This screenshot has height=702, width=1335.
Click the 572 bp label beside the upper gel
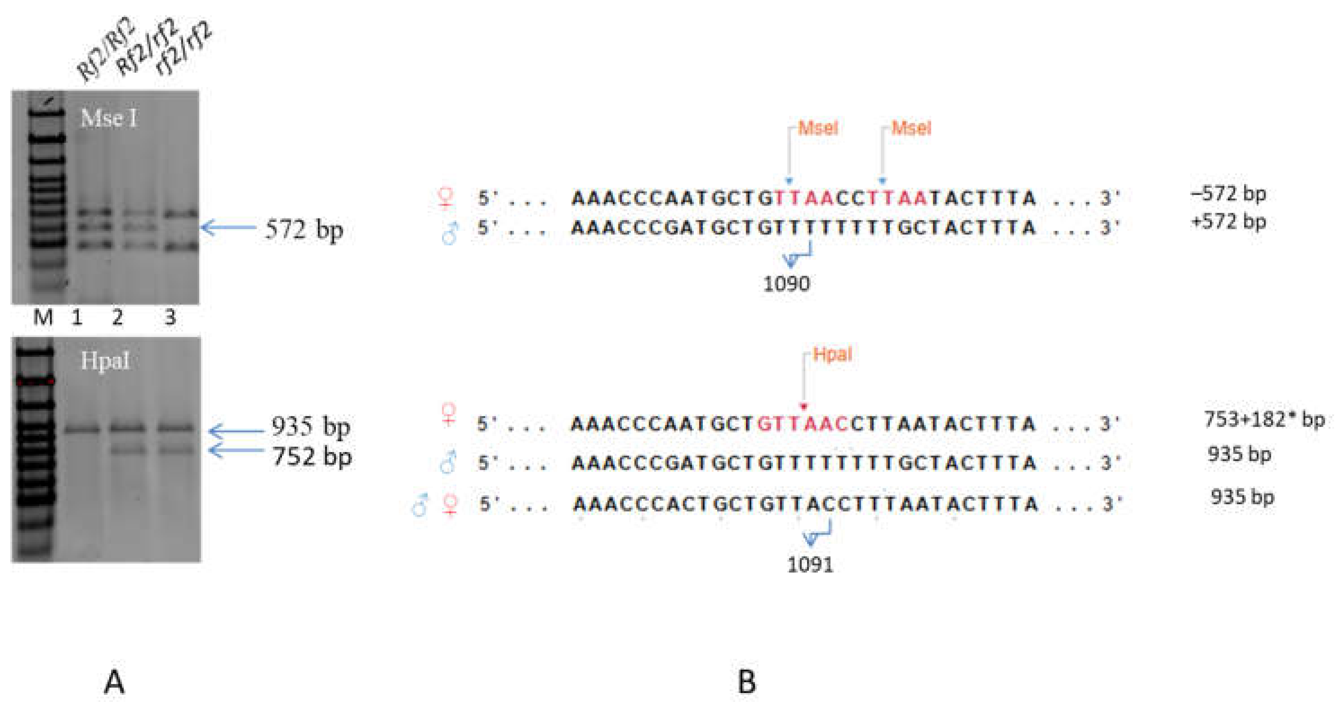coord(304,230)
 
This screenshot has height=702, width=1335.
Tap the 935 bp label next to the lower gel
coord(311,427)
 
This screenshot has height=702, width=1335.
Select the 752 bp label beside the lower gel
coord(312,457)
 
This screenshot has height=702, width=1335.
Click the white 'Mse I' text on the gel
coord(109,119)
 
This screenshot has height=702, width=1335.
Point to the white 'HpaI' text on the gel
coord(105,361)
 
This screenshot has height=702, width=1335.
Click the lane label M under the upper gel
coord(43,317)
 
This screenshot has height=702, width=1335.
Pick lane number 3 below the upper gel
coord(170,317)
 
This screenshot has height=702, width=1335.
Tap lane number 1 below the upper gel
coord(77,317)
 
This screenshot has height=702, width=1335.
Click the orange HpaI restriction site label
coord(832,354)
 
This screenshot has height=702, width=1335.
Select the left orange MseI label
coord(818,128)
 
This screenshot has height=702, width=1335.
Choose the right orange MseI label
coord(911,128)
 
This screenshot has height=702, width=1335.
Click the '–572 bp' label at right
coord(1229,194)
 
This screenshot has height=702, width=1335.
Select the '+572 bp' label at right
coord(1229,222)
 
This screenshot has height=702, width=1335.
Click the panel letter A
coord(114,682)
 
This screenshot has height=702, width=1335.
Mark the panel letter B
coord(746,682)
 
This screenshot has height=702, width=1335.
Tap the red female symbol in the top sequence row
coord(446,197)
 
